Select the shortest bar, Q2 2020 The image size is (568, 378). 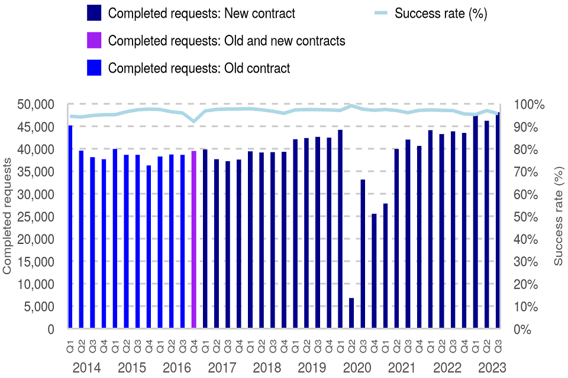click(351, 314)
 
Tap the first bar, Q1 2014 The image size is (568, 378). click(70, 227)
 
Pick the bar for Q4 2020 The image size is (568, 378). click(374, 272)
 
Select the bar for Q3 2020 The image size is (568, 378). click(363, 254)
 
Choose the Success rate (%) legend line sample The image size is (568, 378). click(382, 13)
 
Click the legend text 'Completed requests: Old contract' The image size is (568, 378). click(199, 69)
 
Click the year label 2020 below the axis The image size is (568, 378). click(356, 367)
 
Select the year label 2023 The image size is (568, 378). click(491, 367)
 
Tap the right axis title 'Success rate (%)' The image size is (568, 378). click(559, 216)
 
